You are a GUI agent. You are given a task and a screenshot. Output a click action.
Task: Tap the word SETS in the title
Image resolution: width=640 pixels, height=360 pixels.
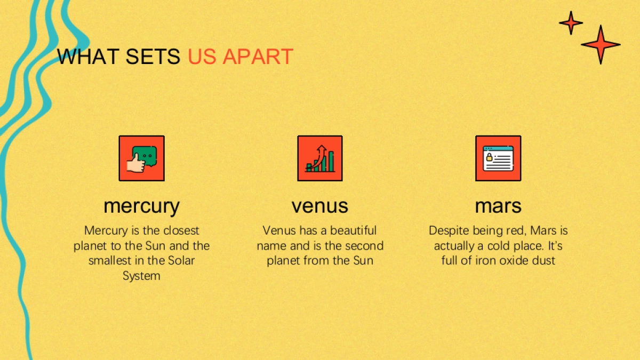point(153,57)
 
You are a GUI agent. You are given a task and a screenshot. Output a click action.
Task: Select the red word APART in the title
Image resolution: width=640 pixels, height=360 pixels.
point(258,57)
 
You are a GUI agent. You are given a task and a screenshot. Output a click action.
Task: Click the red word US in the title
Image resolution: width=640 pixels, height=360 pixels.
point(202,57)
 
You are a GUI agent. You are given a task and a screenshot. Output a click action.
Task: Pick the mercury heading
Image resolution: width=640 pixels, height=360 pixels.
point(141,206)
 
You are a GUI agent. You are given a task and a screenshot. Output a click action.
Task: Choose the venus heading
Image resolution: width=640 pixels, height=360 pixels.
point(320,206)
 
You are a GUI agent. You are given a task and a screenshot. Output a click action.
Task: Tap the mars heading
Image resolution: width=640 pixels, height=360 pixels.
point(498,206)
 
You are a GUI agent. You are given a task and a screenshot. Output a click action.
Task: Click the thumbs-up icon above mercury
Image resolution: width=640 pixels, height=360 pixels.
point(142,158)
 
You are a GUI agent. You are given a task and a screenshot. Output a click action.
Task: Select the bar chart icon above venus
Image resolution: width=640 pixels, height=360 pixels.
point(320,158)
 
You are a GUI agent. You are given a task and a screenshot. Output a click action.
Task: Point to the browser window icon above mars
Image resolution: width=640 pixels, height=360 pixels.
point(498,158)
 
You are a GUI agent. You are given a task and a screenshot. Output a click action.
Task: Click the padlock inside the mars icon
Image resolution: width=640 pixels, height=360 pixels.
point(490,157)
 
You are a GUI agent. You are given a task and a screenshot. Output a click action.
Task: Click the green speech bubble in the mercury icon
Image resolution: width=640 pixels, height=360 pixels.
point(145,156)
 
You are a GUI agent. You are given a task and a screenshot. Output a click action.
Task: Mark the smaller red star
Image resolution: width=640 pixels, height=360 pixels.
point(571,22)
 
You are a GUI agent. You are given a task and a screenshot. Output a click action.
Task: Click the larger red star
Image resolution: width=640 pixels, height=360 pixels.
point(601,45)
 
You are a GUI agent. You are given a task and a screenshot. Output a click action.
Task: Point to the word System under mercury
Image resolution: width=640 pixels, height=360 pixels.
point(141,276)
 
